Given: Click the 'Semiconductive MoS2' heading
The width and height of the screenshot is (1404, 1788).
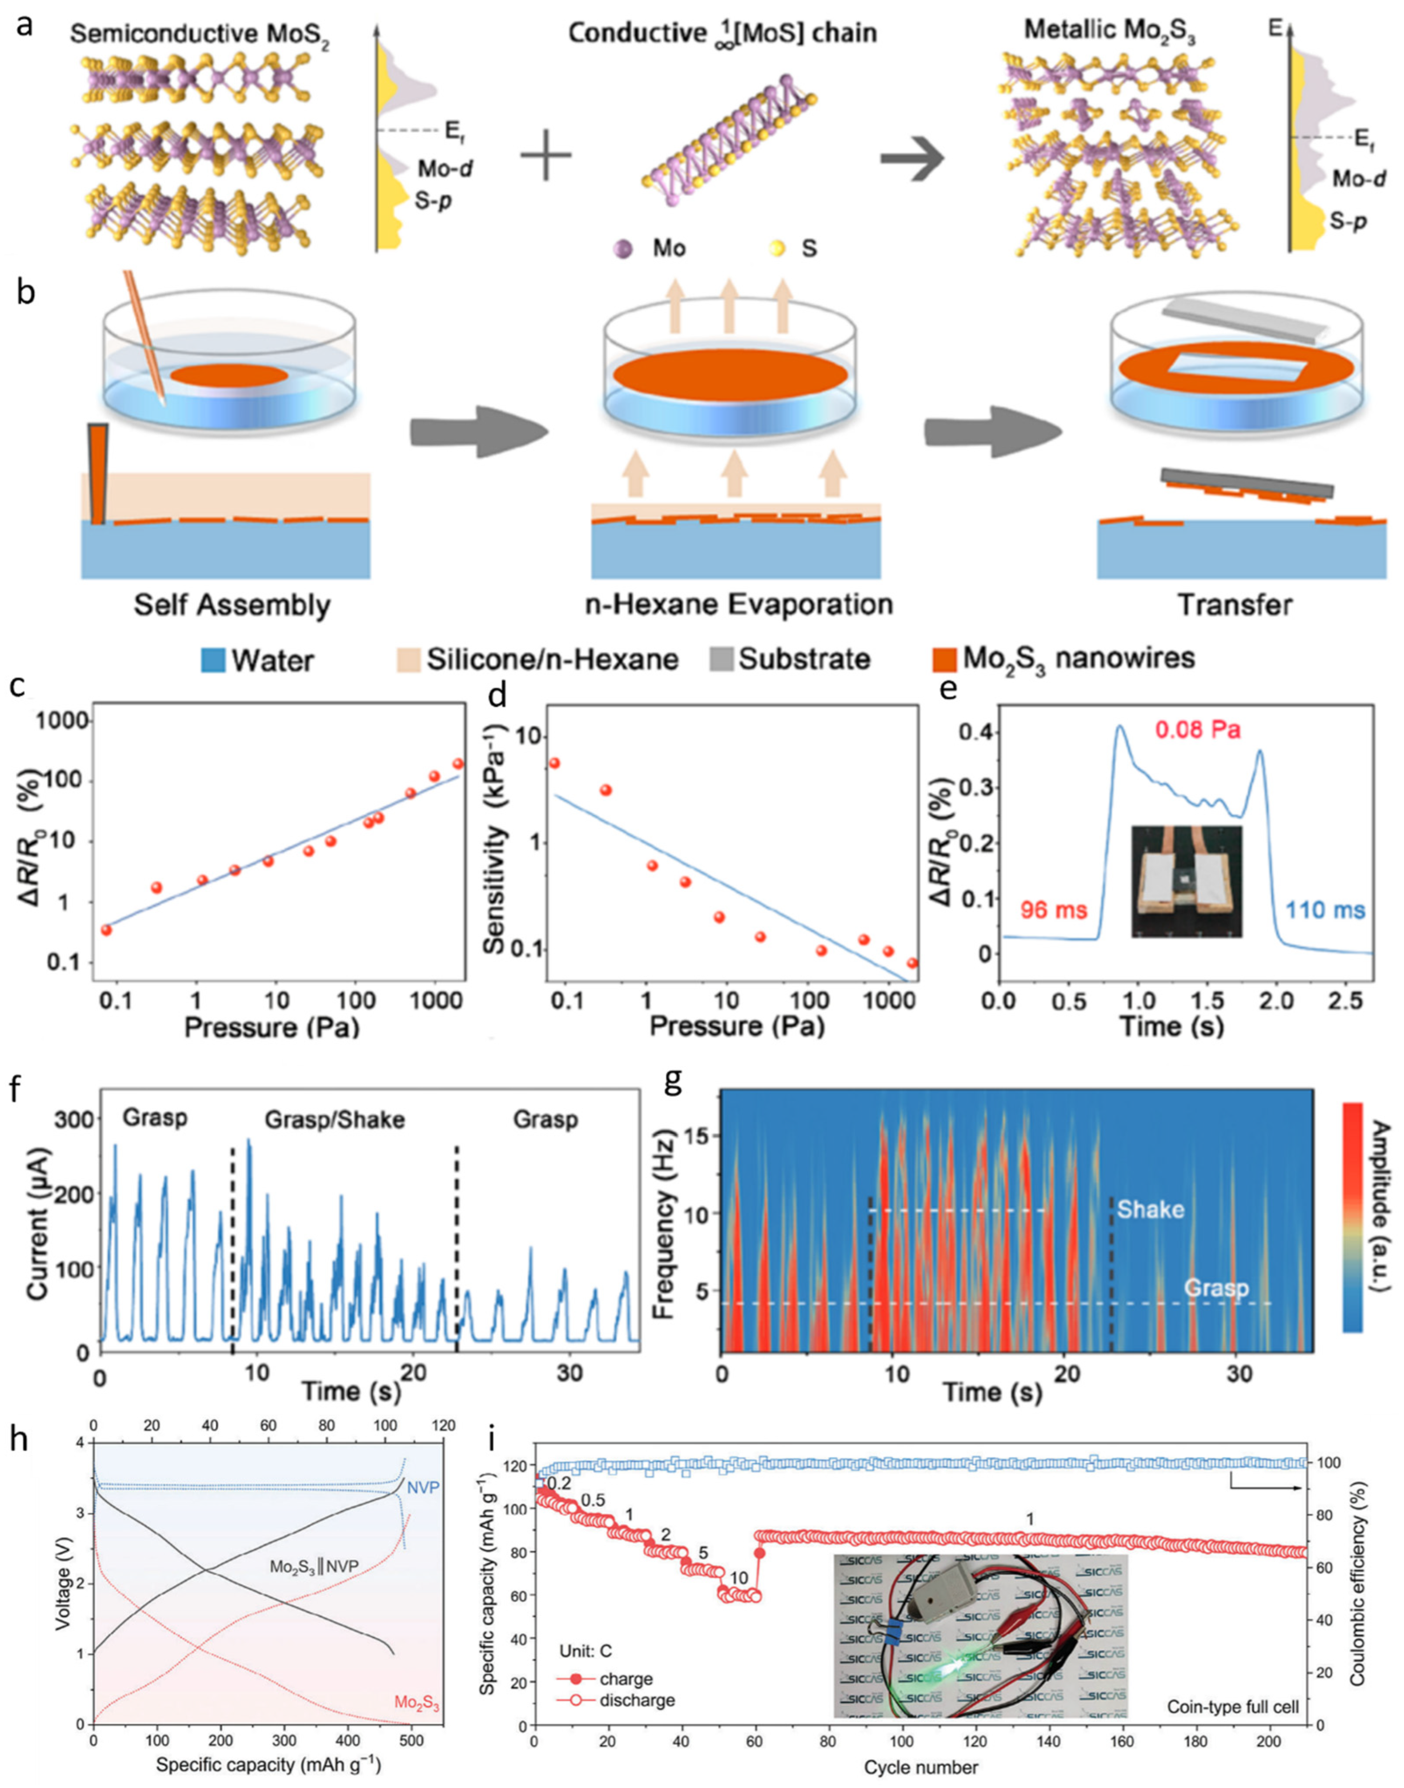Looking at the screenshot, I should click(x=200, y=35).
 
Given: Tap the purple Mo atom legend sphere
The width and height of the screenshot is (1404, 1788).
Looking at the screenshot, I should click(x=624, y=248).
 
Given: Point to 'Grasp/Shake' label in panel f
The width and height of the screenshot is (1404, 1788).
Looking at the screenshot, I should click(x=335, y=1120).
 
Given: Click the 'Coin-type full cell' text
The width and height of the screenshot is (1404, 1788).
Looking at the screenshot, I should click(x=1233, y=1707).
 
